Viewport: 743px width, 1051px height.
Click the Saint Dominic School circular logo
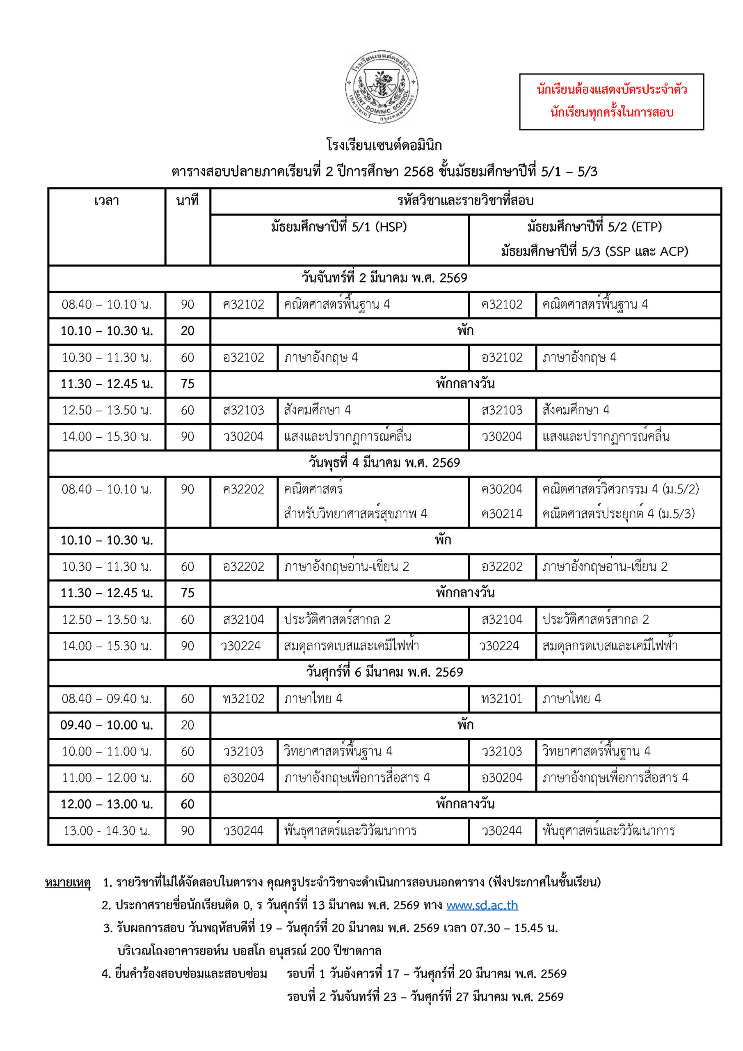(x=382, y=87)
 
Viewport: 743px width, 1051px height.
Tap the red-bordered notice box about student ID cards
(x=611, y=102)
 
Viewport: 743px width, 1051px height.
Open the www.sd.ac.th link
(x=482, y=905)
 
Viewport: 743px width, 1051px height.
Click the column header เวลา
(x=107, y=200)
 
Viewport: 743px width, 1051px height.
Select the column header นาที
(x=187, y=200)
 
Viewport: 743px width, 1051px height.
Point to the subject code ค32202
(x=243, y=489)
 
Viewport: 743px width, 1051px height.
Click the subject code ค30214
(x=502, y=514)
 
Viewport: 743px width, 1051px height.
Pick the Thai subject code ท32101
(x=502, y=698)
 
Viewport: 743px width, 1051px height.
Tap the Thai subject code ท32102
(x=243, y=698)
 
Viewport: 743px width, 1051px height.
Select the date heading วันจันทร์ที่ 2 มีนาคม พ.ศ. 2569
(x=384, y=278)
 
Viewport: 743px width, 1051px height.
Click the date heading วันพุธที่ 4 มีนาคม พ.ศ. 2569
(x=384, y=463)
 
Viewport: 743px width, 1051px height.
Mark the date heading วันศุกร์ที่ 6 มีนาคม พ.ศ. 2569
(x=384, y=672)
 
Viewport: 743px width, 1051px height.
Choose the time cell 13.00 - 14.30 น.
(x=107, y=831)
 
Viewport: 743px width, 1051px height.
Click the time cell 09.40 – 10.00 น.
(x=107, y=725)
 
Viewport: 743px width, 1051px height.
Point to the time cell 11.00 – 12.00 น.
(x=107, y=778)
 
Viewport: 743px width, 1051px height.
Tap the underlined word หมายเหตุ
(x=68, y=882)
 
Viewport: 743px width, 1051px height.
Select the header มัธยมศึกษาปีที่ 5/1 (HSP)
(x=339, y=227)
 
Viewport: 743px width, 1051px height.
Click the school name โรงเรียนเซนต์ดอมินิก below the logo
(x=384, y=146)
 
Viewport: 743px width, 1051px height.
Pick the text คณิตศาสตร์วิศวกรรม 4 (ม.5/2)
(x=620, y=489)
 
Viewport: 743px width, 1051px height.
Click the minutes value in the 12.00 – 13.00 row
(x=187, y=804)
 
